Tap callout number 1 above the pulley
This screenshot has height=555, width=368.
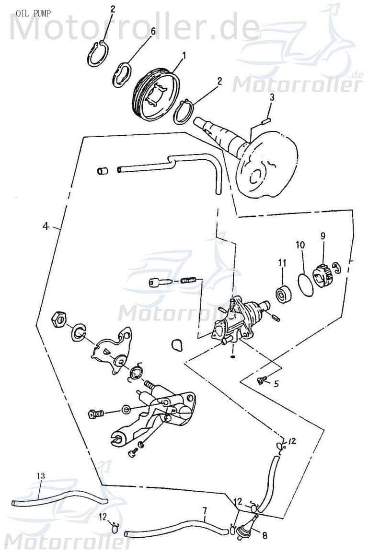tap(183, 56)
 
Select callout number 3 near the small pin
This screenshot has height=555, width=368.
tap(272, 97)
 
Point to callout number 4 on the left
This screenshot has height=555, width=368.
tap(46, 226)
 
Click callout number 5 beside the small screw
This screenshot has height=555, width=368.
tap(276, 383)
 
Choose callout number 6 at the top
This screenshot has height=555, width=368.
tap(153, 32)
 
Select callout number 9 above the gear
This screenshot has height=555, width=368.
tap(323, 236)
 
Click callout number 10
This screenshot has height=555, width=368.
tap(299, 245)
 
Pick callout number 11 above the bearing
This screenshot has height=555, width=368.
tap(282, 263)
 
